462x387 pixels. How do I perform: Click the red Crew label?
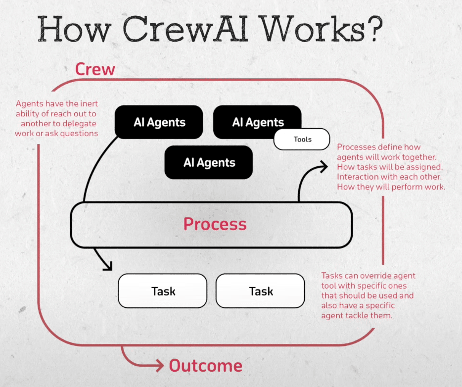coord(95,69)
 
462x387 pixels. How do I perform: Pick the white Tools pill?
coord(302,139)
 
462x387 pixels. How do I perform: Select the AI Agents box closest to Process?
coord(209,162)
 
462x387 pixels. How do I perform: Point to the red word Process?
coord(215,224)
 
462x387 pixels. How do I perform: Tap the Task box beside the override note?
coord(261,291)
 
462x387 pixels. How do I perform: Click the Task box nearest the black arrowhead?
coord(163,291)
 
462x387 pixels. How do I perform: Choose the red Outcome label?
coord(206,366)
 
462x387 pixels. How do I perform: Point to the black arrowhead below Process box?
coord(107,266)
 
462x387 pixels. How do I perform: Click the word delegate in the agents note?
coord(80,123)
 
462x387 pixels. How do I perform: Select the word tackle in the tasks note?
coord(360,315)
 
